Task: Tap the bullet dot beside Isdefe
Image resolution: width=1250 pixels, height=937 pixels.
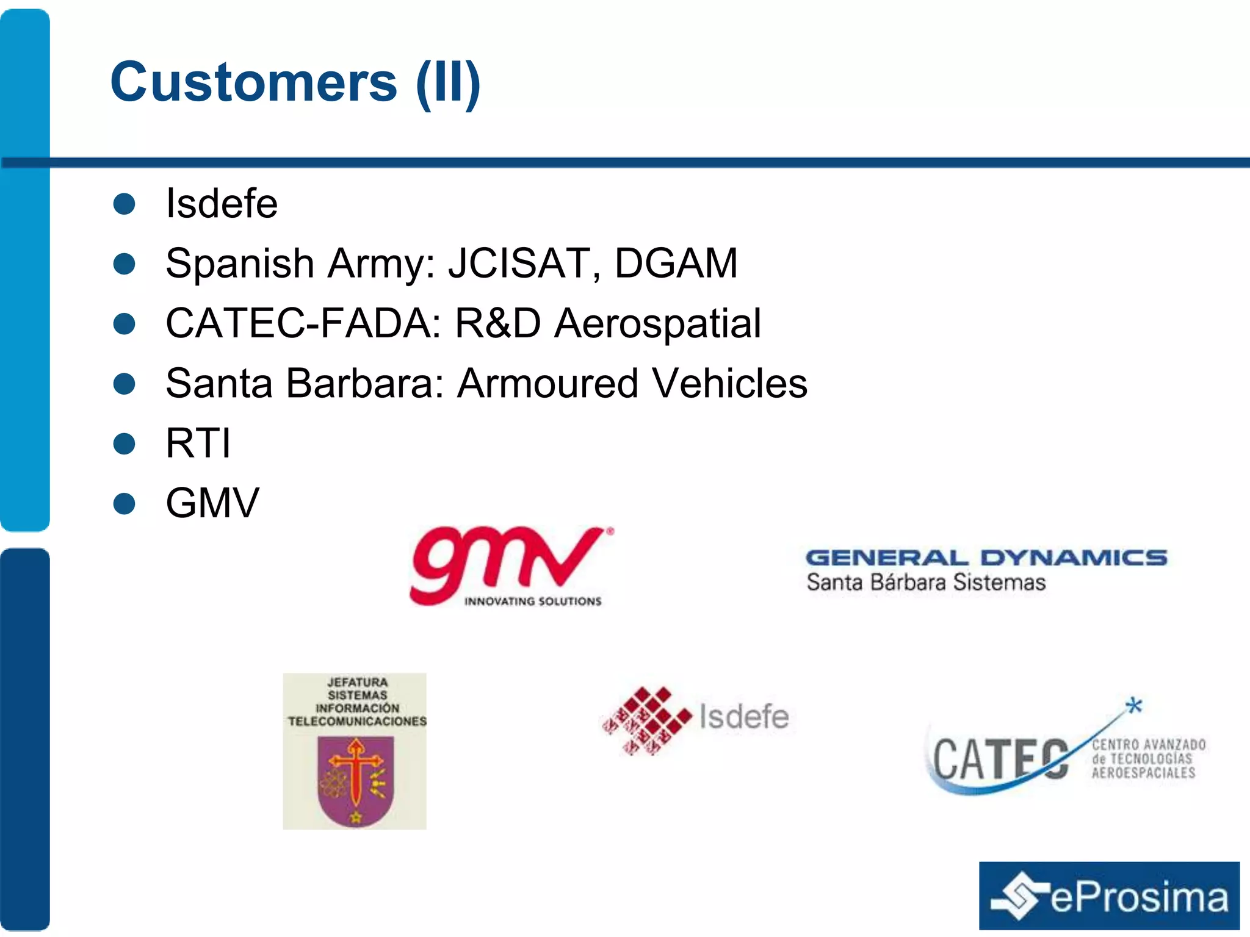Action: tap(125, 204)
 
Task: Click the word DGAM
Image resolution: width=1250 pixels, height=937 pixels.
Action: tap(676, 264)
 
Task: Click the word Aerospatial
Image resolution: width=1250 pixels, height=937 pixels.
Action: tap(657, 323)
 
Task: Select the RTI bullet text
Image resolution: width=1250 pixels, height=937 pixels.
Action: tap(198, 443)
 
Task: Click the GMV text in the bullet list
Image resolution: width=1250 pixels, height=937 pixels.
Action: tap(212, 503)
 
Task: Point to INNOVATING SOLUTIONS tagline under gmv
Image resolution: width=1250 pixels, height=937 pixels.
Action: tap(533, 601)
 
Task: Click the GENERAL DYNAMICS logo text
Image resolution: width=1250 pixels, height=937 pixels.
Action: tap(986, 558)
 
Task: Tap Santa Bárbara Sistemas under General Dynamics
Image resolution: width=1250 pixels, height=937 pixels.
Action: tap(926, 583)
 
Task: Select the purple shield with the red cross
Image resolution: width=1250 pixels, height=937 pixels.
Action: tap(356, 781)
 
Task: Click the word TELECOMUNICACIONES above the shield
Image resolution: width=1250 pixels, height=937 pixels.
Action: tap(357, 722)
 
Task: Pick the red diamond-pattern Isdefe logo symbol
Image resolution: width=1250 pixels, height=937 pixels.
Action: tap(646, 720)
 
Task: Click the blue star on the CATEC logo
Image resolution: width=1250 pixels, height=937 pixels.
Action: tap(1134, 706)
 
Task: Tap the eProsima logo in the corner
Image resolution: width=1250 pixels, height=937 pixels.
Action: tap(1109, 896)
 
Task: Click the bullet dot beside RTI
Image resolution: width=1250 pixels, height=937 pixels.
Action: tap(125, 443)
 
